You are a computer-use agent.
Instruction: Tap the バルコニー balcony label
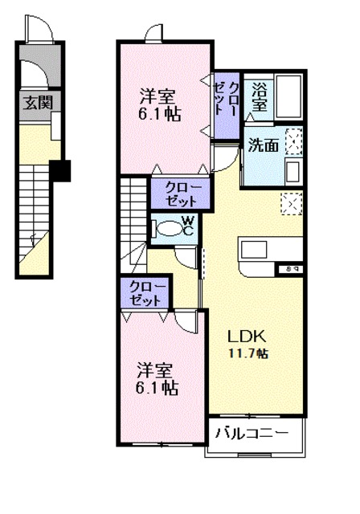(x=252, y=434)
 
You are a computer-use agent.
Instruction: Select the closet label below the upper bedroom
(x=182, y=194)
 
